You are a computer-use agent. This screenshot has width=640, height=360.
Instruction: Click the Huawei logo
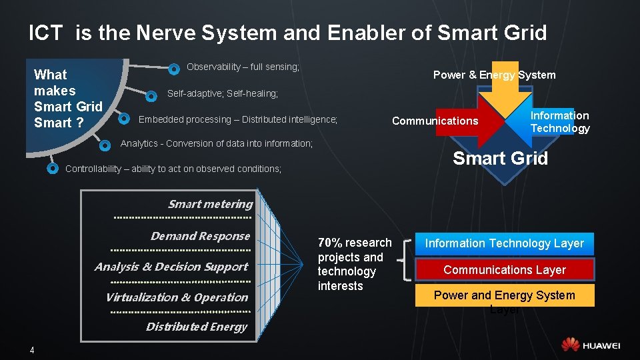[x=591, y=345]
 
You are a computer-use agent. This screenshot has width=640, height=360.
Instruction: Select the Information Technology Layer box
[x=504, y=243]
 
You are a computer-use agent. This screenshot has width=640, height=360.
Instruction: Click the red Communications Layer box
[x=504, y=269]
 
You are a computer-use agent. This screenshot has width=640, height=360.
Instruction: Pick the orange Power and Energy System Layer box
[x=504, y=295]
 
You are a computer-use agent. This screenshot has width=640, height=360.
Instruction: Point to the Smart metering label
[x=210, y=204]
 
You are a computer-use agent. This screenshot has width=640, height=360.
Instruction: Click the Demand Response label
[x=200, y=236]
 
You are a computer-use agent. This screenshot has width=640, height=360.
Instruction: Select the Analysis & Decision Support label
[x=171, y=267]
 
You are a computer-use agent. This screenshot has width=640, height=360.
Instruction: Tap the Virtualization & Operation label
[x=177, y=297]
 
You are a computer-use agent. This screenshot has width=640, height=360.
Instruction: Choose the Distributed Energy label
[x=196, y=327]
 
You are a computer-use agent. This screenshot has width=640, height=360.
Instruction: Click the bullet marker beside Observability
[x=173, y=68]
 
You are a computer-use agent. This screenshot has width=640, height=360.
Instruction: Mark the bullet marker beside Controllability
[x=53, y=168]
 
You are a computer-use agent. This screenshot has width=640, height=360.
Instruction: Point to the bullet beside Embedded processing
[x=124, y=119]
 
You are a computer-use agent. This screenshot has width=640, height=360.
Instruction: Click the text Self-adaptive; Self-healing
[x=222, y=94]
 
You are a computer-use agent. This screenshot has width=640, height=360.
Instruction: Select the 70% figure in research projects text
[x=329, y=243]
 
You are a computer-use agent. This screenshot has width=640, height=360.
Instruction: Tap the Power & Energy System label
[x=494, y=75]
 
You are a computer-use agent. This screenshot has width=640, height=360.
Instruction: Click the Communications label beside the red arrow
[x=435, y=121]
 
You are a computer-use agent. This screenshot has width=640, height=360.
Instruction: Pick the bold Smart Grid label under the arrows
[x=500, y=159]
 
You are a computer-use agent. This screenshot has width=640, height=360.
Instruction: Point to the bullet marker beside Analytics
[x=105, y=144]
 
